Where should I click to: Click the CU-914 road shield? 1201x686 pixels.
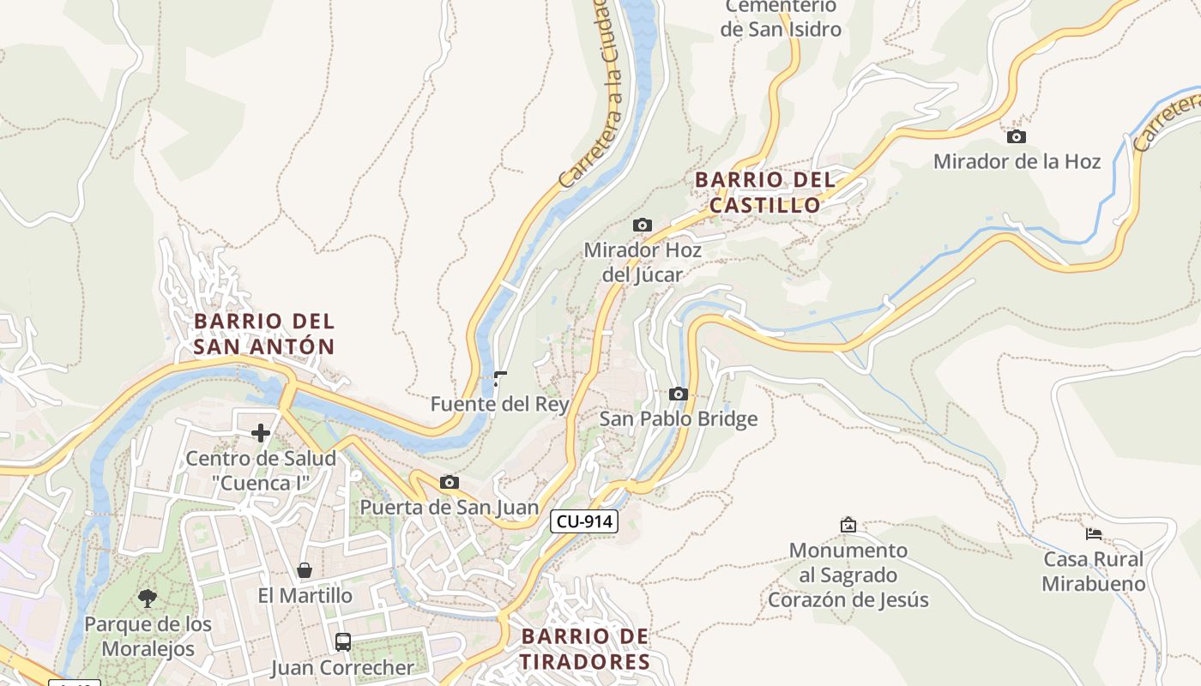pos(584,521)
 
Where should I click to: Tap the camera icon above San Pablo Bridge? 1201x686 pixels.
pos(679,394)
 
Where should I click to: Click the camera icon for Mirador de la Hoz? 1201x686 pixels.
pos(1016,136)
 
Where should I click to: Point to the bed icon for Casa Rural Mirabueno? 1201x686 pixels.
pos(1094,533)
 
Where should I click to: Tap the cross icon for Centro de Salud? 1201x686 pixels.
pos(261,433)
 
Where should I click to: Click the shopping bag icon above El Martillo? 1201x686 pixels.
pos(304,570)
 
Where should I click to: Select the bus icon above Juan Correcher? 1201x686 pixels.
pos(342,641)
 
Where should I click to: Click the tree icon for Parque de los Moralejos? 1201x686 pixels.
pos(148,598)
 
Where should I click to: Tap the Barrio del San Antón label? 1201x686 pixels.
pos(264,334)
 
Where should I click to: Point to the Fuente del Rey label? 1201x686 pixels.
pos(500,404)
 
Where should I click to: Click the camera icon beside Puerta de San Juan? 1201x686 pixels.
pos(449,482)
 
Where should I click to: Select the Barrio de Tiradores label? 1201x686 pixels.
pos(585,649)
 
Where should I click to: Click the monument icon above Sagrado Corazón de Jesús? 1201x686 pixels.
pos(848,524)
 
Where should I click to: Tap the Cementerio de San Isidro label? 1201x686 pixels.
pos(781,18)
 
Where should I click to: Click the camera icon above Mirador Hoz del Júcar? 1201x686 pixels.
pos(642,225)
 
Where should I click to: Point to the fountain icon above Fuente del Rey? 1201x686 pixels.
pos(500,379)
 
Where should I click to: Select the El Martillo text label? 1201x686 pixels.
pos(305,595)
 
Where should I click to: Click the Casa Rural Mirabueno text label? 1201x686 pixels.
pos(1094,572)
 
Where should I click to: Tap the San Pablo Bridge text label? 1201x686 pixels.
pos(679,418)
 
